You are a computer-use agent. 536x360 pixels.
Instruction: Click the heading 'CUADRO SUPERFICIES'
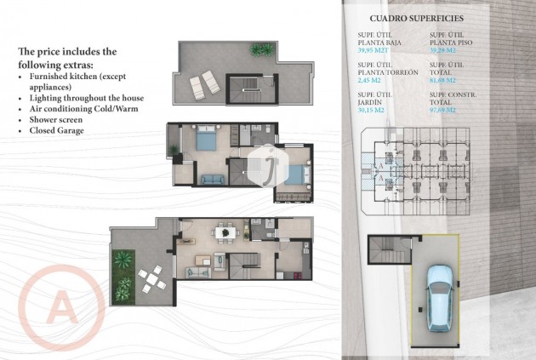coord(411,17)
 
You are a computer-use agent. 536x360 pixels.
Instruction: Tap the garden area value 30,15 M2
coord(375,109)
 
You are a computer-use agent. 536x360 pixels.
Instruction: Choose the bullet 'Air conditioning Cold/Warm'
coord(83,109)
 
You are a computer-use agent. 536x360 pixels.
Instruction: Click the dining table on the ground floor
coord(225,231)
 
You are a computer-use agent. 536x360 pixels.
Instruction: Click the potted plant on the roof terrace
coord(257,50)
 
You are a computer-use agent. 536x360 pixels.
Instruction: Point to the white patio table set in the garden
coord(151,276)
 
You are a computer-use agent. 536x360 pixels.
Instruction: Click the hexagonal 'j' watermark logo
coord(269,158)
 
